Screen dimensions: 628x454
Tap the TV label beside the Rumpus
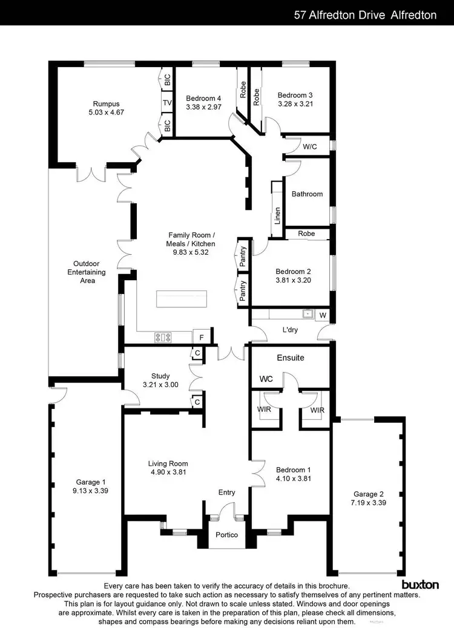pyautogui.click(x=167, y=103)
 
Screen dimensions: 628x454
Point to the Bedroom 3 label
pyautogui.click(x=295, y=95)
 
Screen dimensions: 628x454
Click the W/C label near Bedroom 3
pyautogui.click(x=310, y=146)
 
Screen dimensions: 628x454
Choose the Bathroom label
pyautogui.click(x=307, y=194)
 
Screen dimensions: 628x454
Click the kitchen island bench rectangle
pyautogui.click(x=181, y=299)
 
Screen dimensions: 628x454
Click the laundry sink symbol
pyautogui.click(x=308, y=314)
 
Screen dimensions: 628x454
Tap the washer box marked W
pyautogui.click(x=323, y=315)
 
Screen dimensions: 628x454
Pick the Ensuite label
pyautogui.click(x=291, y=358)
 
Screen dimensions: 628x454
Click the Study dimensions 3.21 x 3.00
pyautogui.click(x=160, y=384)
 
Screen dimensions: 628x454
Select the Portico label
pyautogui.click(x=227, y=535)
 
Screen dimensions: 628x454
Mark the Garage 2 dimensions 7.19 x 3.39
pyautogui.click(x=369, y=503)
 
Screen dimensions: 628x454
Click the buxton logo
pyautogui.click(x=420, y=584)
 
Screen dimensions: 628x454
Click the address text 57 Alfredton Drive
pyautogui.click(x=339, y=15)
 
